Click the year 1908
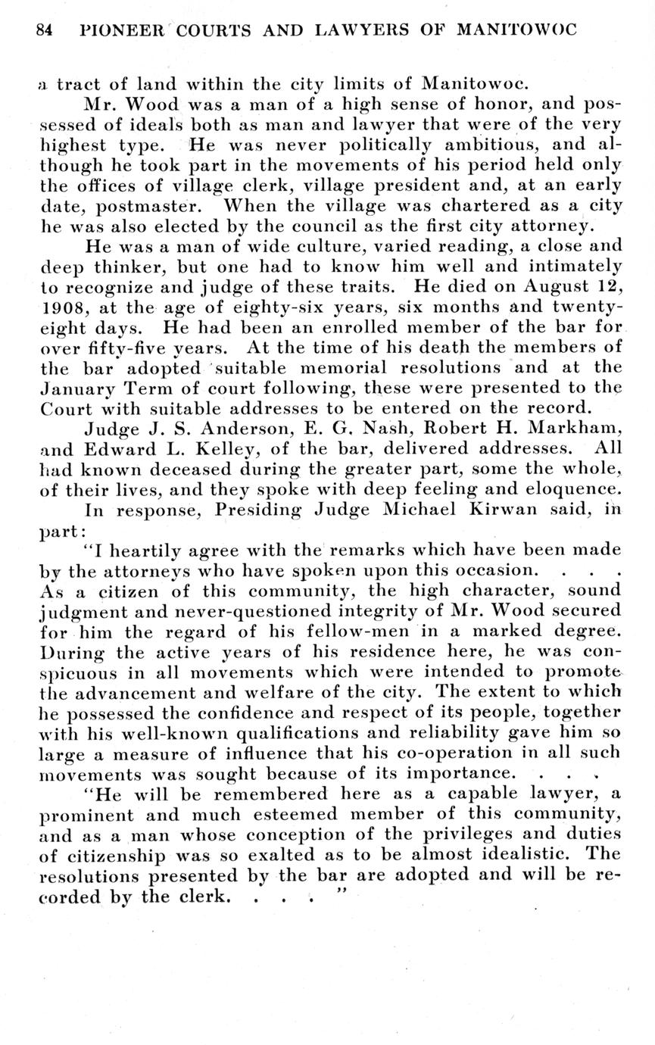pyautogui.click(x=60, y=308)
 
